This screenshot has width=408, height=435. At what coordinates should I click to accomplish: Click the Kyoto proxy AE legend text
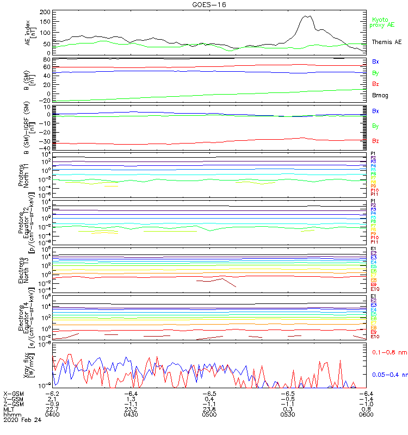click(382, 22)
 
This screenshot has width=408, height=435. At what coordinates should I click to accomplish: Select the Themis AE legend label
click(387, 42)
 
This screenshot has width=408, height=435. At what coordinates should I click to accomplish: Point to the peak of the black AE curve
click(308, 16)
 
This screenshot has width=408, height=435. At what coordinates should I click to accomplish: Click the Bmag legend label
click(380, 95)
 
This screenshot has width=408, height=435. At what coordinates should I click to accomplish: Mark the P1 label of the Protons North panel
click(374, 154)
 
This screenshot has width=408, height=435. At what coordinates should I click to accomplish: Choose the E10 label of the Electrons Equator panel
click(375, 337)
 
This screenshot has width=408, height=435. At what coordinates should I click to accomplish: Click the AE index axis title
click(32, 33)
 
